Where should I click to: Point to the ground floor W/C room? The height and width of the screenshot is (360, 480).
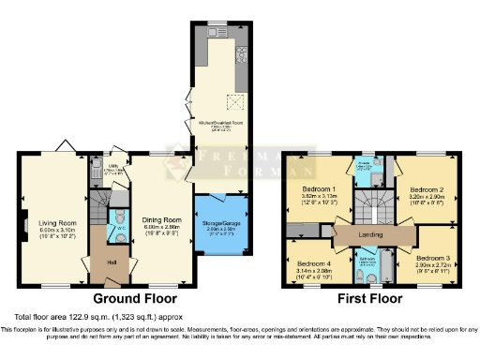click(121, 228)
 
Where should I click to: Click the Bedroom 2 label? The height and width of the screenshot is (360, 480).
click(427, 188)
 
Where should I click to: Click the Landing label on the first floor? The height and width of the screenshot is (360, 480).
click(371, 234)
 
